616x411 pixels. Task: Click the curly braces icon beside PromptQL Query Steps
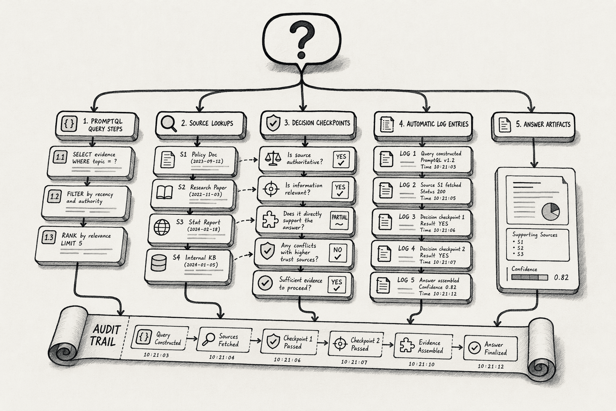(69, 124)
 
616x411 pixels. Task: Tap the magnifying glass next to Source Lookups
(168, 124)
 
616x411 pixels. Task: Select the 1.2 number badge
(55, 196)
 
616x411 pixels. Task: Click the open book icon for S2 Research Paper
(164, 192)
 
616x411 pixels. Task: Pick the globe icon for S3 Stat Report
(162, 227)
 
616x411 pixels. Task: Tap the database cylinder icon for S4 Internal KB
(159, 262)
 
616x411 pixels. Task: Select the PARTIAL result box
(339, 220)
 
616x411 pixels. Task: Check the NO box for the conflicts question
(338, 253)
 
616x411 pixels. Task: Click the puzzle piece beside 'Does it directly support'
(270, 220)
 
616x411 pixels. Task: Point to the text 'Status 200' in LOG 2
(433, 191)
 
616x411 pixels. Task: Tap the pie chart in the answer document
(551, 212)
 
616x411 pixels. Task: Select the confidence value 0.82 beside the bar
(561, 277)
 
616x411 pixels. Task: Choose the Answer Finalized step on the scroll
(490, 348)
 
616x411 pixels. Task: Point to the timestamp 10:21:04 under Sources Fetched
(222, 357)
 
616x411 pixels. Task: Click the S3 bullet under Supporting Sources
(519, 254)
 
